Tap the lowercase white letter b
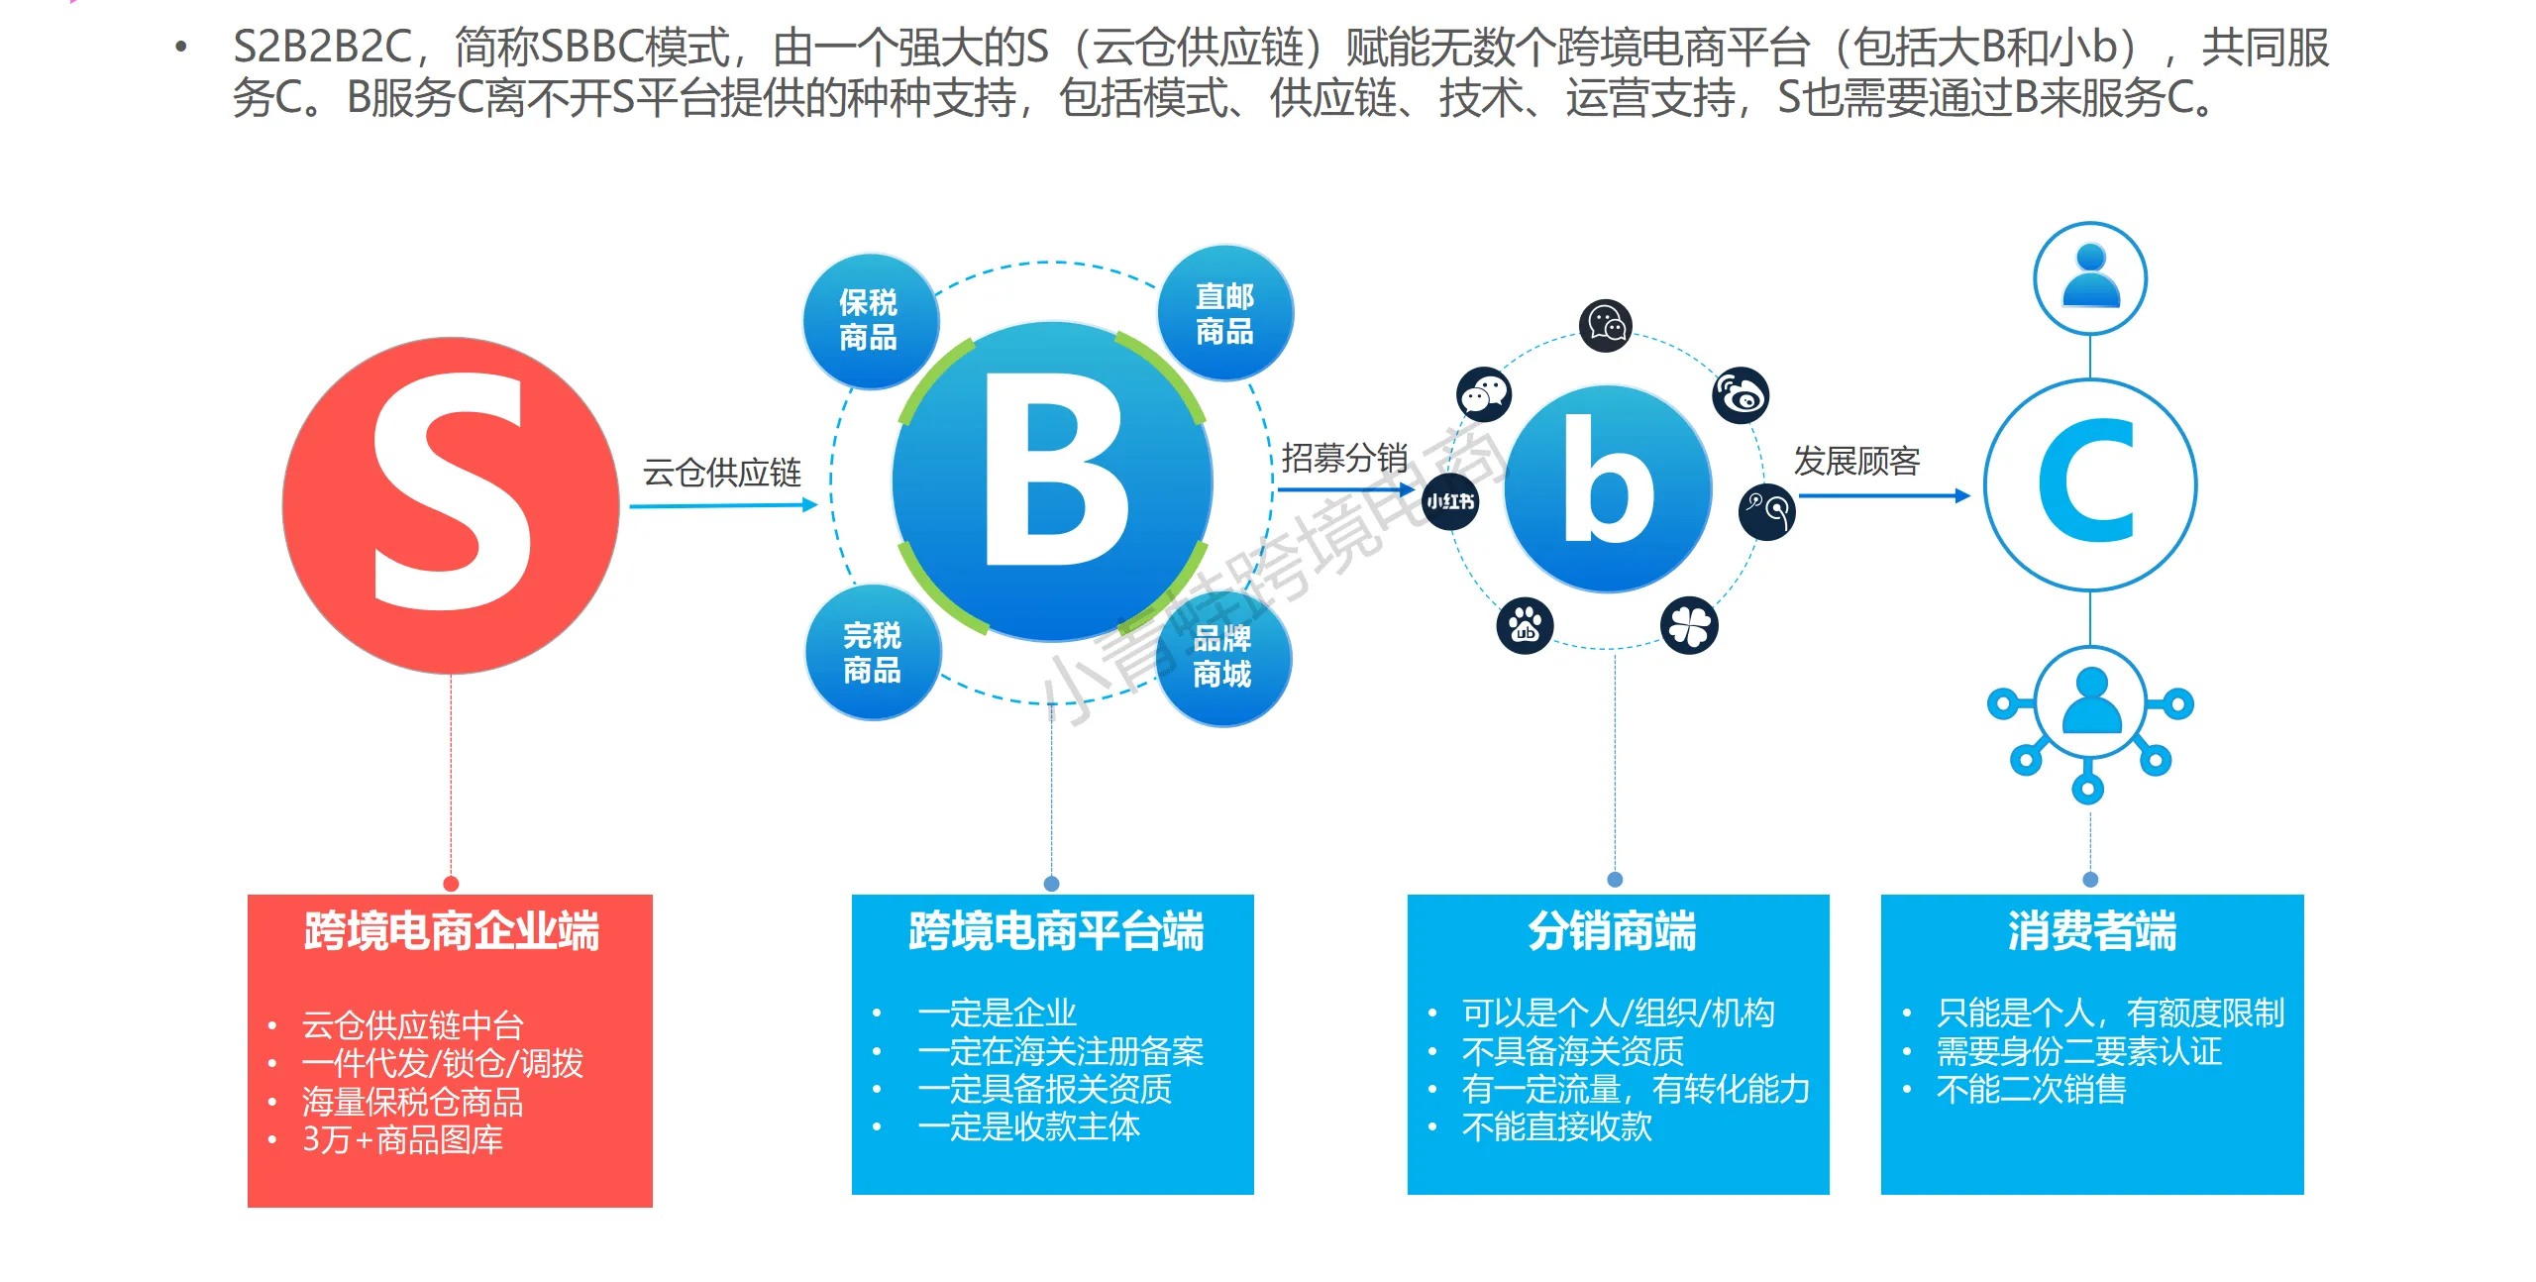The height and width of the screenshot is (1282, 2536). [x=1608, y=481]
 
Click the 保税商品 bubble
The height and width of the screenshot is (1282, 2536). [x=869, y=320]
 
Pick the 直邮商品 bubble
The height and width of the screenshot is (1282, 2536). [x=1225, y=313]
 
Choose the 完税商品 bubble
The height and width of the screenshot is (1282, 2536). [x=872, y=652]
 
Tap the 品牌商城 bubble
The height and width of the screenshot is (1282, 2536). [x=1222, y=657]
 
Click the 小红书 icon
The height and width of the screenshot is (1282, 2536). [x=1450, y=501]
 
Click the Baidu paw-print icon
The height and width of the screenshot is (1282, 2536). [x=1525, y=625]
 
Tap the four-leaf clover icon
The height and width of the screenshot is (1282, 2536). [x=1689, y=625]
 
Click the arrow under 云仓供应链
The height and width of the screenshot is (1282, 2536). [x=723, y=506]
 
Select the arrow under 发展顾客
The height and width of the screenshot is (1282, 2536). [x=1884, y=495]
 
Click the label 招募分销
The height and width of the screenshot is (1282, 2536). [x=1344, y=458]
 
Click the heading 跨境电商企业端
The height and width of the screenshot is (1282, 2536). [x=451, y=931]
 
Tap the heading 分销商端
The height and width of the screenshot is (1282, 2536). [x=1612, y=931]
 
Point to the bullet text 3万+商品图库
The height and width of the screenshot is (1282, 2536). [x=402, y=1139]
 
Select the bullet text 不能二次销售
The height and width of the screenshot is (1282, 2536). [x=2031, y=1089]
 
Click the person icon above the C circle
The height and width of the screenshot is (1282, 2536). [x=2090, y=278]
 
